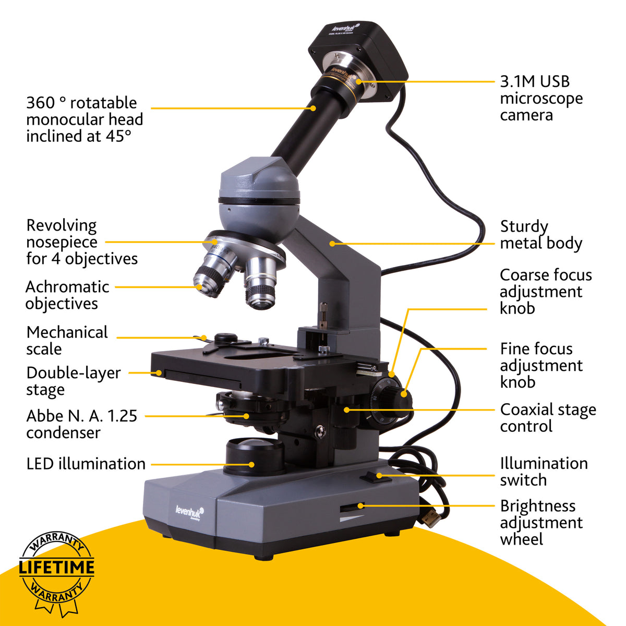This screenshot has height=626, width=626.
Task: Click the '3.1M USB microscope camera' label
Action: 541,98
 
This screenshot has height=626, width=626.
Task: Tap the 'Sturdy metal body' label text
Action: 540,235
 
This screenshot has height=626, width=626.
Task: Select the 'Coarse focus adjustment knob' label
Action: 545,291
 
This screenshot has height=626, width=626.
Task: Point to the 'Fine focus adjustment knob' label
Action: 540,365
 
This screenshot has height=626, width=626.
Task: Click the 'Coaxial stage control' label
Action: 547,418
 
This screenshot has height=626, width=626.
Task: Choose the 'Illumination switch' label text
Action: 543,472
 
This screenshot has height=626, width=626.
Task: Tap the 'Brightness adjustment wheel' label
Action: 540,522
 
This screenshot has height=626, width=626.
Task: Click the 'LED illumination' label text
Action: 86,464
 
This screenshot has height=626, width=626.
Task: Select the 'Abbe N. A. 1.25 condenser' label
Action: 81,424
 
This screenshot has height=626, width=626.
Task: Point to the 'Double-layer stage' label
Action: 73,381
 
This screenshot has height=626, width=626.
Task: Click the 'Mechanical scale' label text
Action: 67,340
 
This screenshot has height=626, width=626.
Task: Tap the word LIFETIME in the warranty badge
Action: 56,568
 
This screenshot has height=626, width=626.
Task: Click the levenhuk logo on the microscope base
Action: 189,511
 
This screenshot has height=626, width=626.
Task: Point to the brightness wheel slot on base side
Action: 352,507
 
